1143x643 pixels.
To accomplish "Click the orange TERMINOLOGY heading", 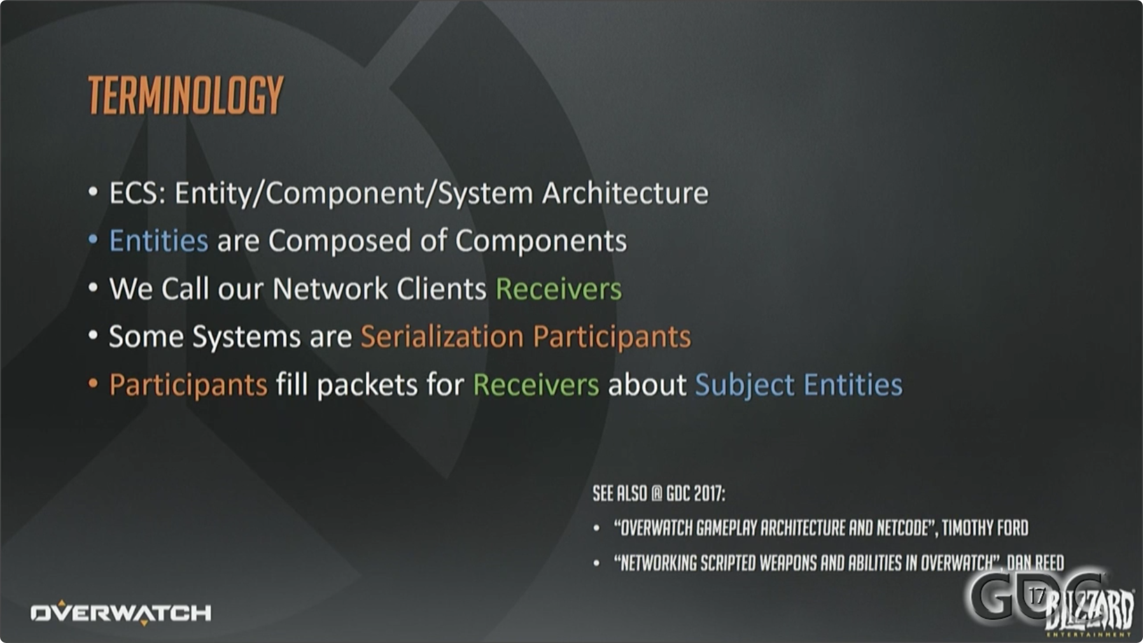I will pos(185,95).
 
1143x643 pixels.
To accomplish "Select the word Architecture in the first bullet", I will pos(625,193).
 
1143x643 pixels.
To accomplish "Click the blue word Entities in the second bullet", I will pos(158,241).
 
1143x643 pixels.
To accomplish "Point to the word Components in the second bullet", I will pos(540,241).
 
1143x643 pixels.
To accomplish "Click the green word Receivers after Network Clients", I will pos(558,289).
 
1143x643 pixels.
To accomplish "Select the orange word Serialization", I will pos(442,337).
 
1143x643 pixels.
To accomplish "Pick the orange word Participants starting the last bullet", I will pos(188,385).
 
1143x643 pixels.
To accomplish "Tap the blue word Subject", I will pos(744,385).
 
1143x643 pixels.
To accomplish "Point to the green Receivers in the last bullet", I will pos(535,385).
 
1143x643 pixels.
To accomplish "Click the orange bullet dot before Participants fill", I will pos(94,384).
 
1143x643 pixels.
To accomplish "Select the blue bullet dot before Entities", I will pos(94,240).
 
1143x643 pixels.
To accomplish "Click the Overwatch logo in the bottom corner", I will pos(121,612).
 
